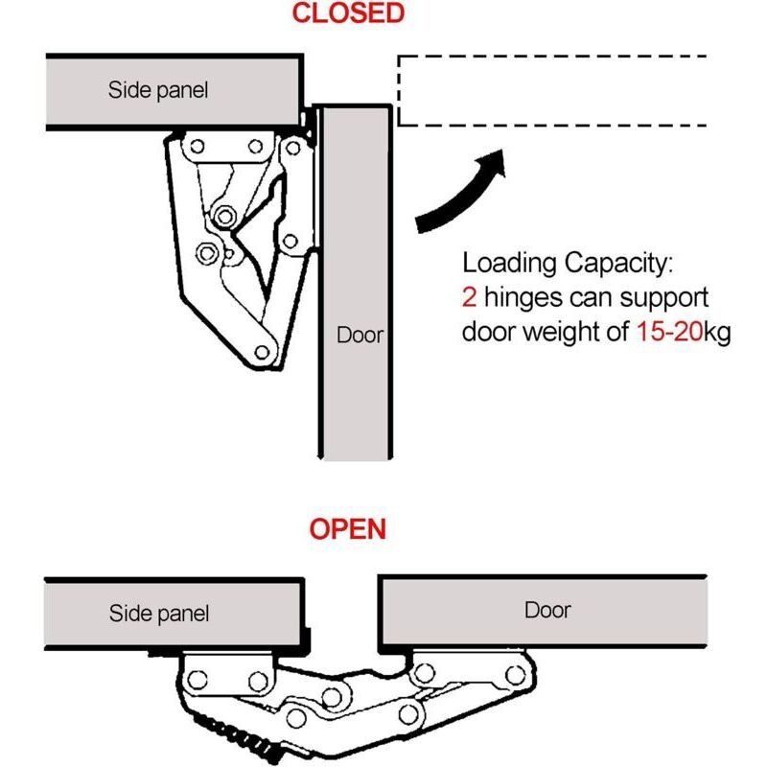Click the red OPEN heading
point(348,528)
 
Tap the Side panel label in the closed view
point(157,91)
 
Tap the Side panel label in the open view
point(159,613)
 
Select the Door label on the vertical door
point(359,336)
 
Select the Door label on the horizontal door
point(547,610)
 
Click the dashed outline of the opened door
point(552,57)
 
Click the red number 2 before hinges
point(469,297)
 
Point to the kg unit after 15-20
point(717,333)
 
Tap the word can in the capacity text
point(589,297)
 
